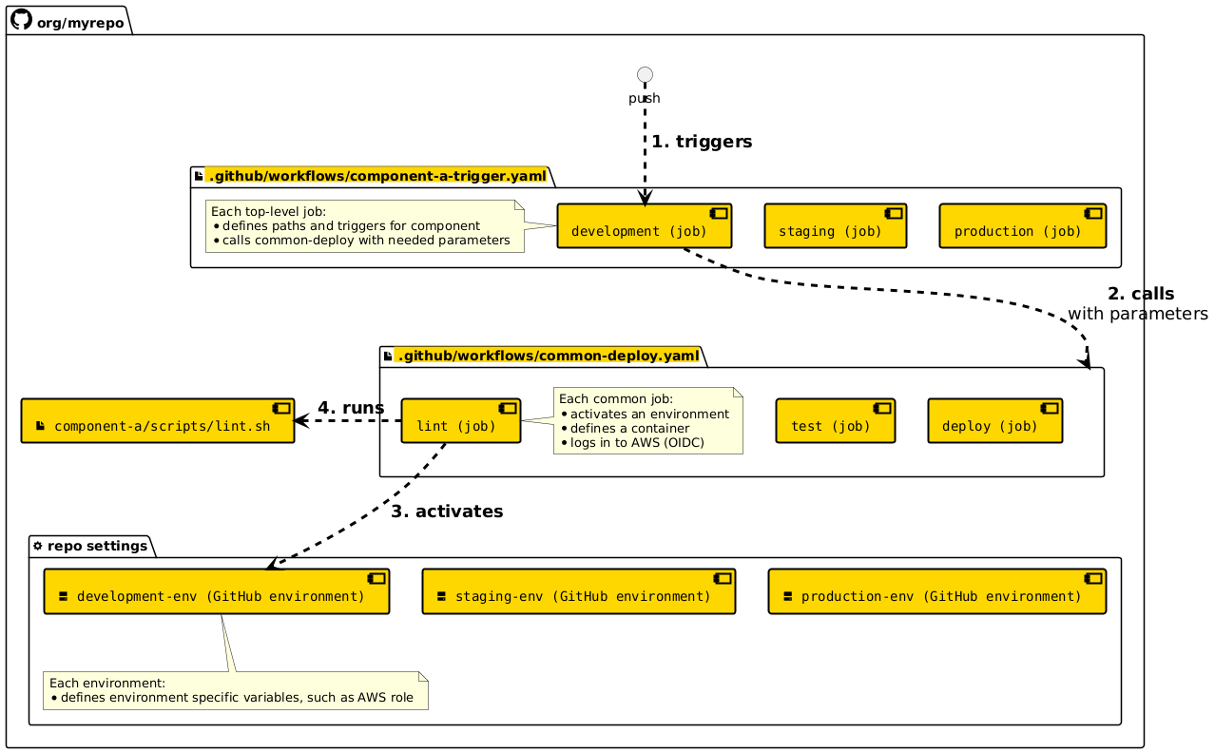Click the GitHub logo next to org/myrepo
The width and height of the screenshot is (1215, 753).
click(20, 20)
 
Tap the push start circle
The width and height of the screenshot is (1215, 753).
click(645, 74)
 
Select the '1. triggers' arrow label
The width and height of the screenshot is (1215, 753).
click(702, 142)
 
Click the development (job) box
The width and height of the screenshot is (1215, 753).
click(644, 226)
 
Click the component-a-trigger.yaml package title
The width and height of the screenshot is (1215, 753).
click(376, 175)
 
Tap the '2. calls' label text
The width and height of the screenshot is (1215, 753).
click(1140, 294)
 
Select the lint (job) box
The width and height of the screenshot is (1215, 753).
click(460, 421)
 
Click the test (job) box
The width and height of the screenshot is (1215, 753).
click(835, 421)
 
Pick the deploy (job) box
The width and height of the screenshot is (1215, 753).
click(994, 421)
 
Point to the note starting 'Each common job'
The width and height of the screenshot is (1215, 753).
click(646, 420)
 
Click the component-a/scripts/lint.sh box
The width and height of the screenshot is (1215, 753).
click(158, 421)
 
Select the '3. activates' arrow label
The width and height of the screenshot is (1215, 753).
click(446, 512)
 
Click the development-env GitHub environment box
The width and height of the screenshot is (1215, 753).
click(217, 592)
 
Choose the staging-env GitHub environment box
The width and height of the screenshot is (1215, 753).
click(580, 592)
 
